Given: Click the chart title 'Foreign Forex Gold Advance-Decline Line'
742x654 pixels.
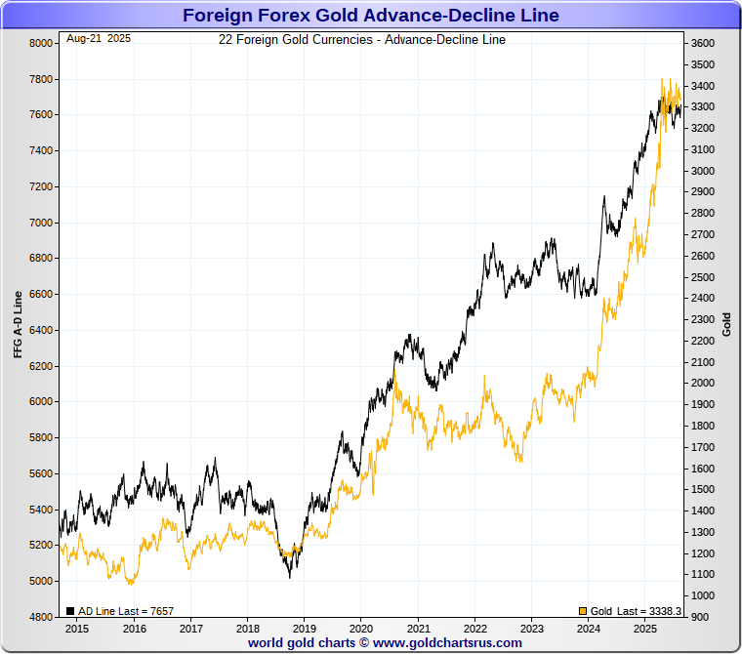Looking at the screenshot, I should pos(370,15).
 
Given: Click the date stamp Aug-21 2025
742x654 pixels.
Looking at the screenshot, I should pos(98,39).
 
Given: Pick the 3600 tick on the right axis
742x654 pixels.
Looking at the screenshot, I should pos(702,44).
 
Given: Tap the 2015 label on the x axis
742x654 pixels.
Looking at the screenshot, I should pos(77,630).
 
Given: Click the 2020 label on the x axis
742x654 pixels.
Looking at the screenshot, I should pos(361,630).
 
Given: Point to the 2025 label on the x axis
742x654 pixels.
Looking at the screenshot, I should pos(645,630).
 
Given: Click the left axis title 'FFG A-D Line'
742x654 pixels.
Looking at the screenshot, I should pos(18,325).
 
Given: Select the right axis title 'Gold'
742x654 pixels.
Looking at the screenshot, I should pos(726,325).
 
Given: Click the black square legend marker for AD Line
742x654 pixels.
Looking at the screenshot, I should pos(70,611).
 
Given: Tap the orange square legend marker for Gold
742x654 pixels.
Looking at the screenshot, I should pos(583,611).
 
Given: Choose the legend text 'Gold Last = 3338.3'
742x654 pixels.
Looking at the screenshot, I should pos(636,611).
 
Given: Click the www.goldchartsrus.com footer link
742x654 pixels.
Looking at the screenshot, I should pos(447,642).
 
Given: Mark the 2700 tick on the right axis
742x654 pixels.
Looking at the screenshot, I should pos(702,235).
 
